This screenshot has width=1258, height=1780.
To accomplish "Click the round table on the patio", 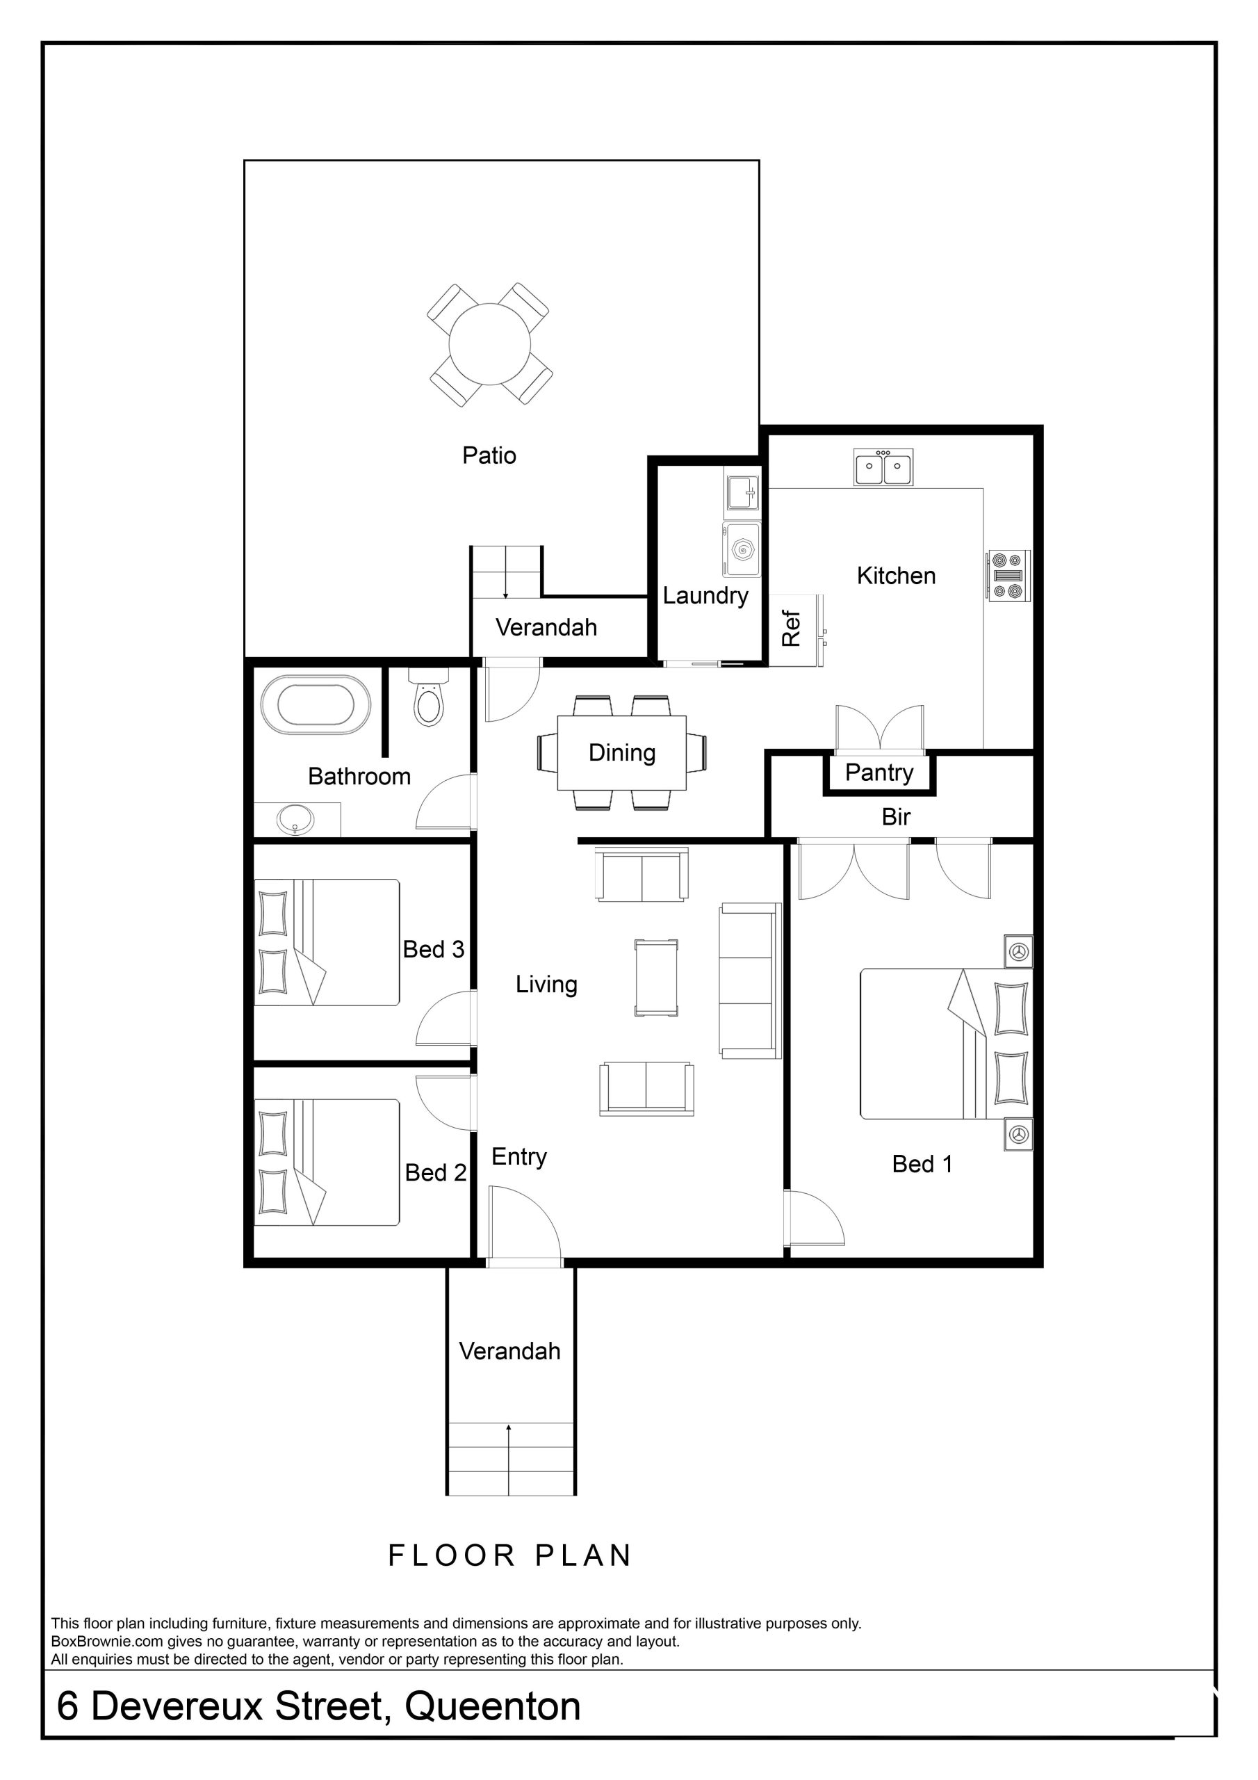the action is (x=490, y=344).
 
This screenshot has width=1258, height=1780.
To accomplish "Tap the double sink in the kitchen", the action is (x=883, y=467).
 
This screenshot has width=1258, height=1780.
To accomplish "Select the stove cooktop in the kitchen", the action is (x=1008, y=575).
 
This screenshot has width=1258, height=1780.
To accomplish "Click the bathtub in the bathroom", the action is (x=316, y=704).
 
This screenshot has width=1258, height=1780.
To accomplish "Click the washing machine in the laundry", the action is (x=742, y=549).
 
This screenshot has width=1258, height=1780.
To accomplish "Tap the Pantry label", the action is (x=879, y=773).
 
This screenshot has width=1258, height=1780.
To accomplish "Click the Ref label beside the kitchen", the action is (x=791, y=628).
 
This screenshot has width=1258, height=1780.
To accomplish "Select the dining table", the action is (x=621, y=753).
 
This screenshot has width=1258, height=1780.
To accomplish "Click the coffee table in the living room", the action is (x=655, y=978).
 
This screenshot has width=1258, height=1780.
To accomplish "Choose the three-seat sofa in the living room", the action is (x=749, y=980).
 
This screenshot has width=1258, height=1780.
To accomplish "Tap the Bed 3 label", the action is (x=433, y=950).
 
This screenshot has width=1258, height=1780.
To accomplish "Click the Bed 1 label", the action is (x=922, y=1164).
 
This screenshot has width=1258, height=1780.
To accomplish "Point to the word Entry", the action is (x=518, y=1157).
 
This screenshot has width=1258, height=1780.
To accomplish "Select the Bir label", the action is (x=896, y=817).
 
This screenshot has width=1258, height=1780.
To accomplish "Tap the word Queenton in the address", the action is (x=492, y=1706).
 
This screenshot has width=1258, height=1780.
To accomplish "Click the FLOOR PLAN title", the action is (x=510, y=1555).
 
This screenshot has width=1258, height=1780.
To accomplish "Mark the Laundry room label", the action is (x=705, y=596).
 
